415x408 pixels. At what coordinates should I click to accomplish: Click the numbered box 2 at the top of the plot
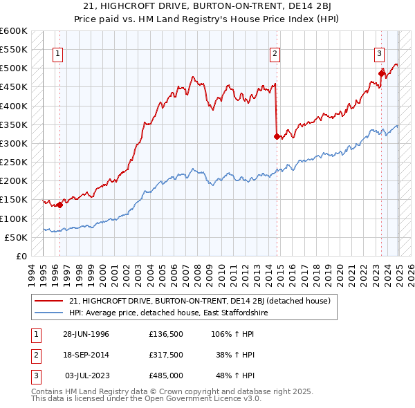[x=275, y=53]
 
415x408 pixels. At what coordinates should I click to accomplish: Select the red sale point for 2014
[x=277, y=136]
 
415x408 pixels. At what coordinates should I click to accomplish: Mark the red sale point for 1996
[x=60, y=205]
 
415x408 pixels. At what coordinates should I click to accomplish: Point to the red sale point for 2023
[x=381, y=73]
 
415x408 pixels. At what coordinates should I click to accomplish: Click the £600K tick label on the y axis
[x=13, y=31]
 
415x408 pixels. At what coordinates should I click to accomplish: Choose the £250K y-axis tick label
[x=13, y=163]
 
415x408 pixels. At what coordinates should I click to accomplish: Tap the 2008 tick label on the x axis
[x=199, y=274]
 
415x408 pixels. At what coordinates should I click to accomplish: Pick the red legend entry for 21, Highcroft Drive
[x=201, y=301]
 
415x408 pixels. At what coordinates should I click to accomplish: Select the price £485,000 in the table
[x=166, y=375]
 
